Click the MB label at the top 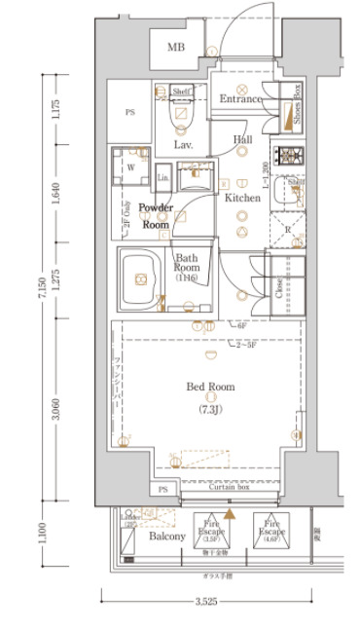click(x=176, y=48)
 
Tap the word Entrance click(x=240, y=98)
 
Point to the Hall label click(x=243, y=139)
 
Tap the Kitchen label click(x=243, y=198)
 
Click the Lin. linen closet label click(x=162, y=179)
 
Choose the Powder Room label click(x=156, y=215)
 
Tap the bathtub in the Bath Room click(x=141, y=279)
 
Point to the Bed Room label click(x=211, y=387)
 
